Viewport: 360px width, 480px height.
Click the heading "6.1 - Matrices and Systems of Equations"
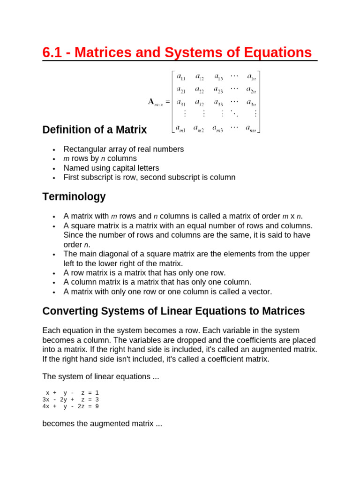pos(177,52)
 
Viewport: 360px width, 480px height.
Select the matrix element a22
pos(199,90)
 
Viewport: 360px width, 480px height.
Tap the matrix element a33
pos(218,102)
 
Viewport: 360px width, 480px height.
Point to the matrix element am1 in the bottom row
pos(180,127)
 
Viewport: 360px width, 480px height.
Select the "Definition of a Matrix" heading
pos(94,130)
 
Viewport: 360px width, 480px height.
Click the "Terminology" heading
pos(74,197)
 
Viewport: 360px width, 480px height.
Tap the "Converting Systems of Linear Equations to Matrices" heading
pos(173,311)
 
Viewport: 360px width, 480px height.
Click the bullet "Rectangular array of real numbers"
pos(124,149)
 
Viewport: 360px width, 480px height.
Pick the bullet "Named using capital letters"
pos(112,168)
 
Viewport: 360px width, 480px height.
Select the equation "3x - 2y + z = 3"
pos(70,399)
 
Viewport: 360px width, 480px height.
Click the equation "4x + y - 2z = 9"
pos(70,406)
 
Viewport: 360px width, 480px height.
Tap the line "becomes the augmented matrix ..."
pos(102,424)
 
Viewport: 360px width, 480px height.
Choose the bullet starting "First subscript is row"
pos(150,177)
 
